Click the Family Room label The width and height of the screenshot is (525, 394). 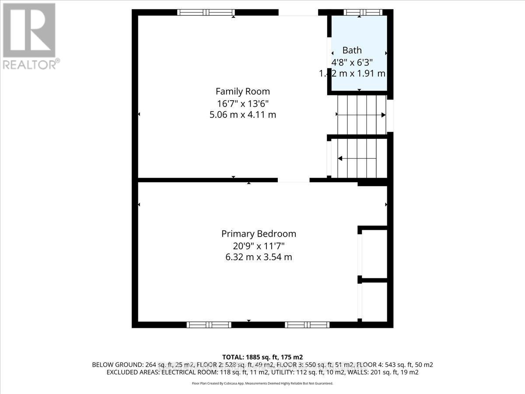[242, 91]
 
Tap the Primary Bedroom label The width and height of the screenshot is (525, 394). [259, 234]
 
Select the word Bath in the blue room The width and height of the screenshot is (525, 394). [352, 50]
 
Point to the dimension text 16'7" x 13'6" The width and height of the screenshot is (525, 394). [242, 103]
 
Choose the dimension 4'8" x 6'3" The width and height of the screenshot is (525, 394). [352, 62]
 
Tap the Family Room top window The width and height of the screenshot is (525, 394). [206, 12]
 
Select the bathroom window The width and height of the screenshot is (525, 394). [363, 12]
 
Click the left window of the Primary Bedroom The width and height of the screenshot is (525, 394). [209, 324]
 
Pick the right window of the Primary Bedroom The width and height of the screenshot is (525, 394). [307, 324]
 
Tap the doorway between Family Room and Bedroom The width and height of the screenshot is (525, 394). [294, 180]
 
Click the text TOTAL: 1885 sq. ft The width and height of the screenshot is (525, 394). [262, 357]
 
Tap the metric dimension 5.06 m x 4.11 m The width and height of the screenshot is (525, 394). [243, 115]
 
